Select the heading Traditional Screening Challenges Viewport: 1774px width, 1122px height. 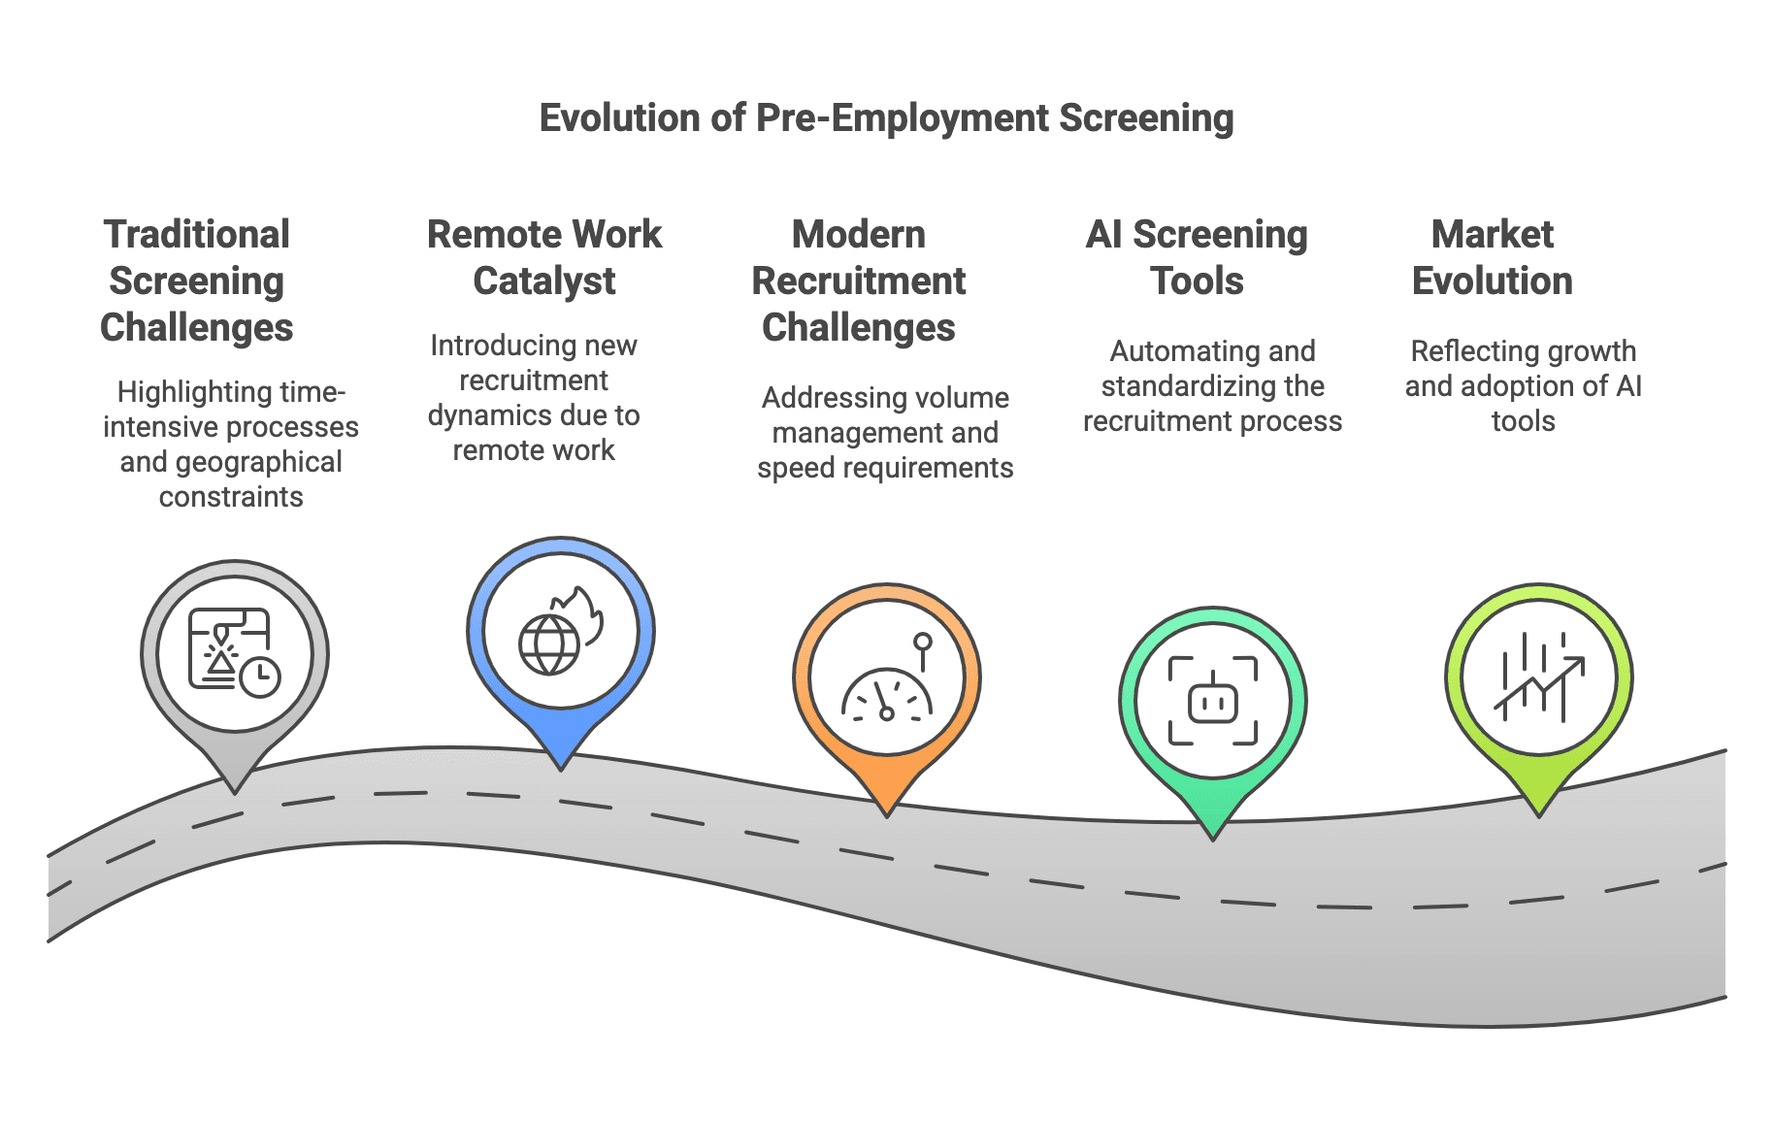click(197, 280)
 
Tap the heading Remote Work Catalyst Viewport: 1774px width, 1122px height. click(544, 257)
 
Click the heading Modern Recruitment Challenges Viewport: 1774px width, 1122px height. click(859, 280)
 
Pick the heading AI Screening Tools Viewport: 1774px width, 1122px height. click(1197, 257)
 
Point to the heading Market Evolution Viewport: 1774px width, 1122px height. click(1492, 257)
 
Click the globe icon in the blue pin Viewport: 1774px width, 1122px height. click(549, 645)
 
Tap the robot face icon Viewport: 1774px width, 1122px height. click(1213, 702)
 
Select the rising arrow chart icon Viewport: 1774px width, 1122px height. click(1539, 678)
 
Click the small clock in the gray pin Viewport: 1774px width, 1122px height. click(260, 676)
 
